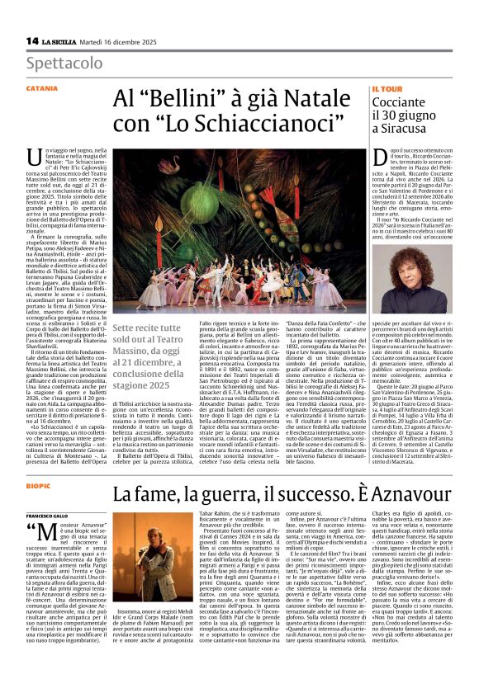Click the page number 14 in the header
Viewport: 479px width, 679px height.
31,40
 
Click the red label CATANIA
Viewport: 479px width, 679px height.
41,87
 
